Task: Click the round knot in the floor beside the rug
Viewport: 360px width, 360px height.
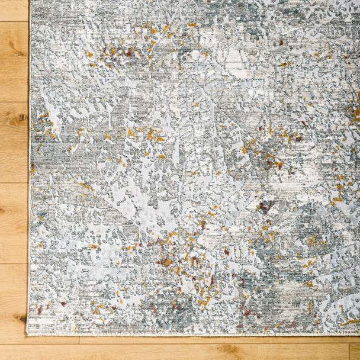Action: (22, 117)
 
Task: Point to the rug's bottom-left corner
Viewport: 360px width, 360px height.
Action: (30, 334)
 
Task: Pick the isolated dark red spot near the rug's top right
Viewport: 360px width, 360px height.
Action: (281, 43)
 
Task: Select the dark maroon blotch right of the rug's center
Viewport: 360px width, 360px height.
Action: (265, 206)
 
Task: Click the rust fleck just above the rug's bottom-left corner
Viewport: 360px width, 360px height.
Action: (40, 310)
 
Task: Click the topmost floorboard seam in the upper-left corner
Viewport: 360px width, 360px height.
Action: (14, 22)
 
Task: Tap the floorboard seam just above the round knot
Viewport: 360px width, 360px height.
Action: (14, 102)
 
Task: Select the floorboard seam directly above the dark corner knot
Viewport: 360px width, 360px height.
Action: (14, 263)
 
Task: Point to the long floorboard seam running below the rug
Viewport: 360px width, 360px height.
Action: (178, 344)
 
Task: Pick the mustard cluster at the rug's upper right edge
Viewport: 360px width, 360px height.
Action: (353, 112)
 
